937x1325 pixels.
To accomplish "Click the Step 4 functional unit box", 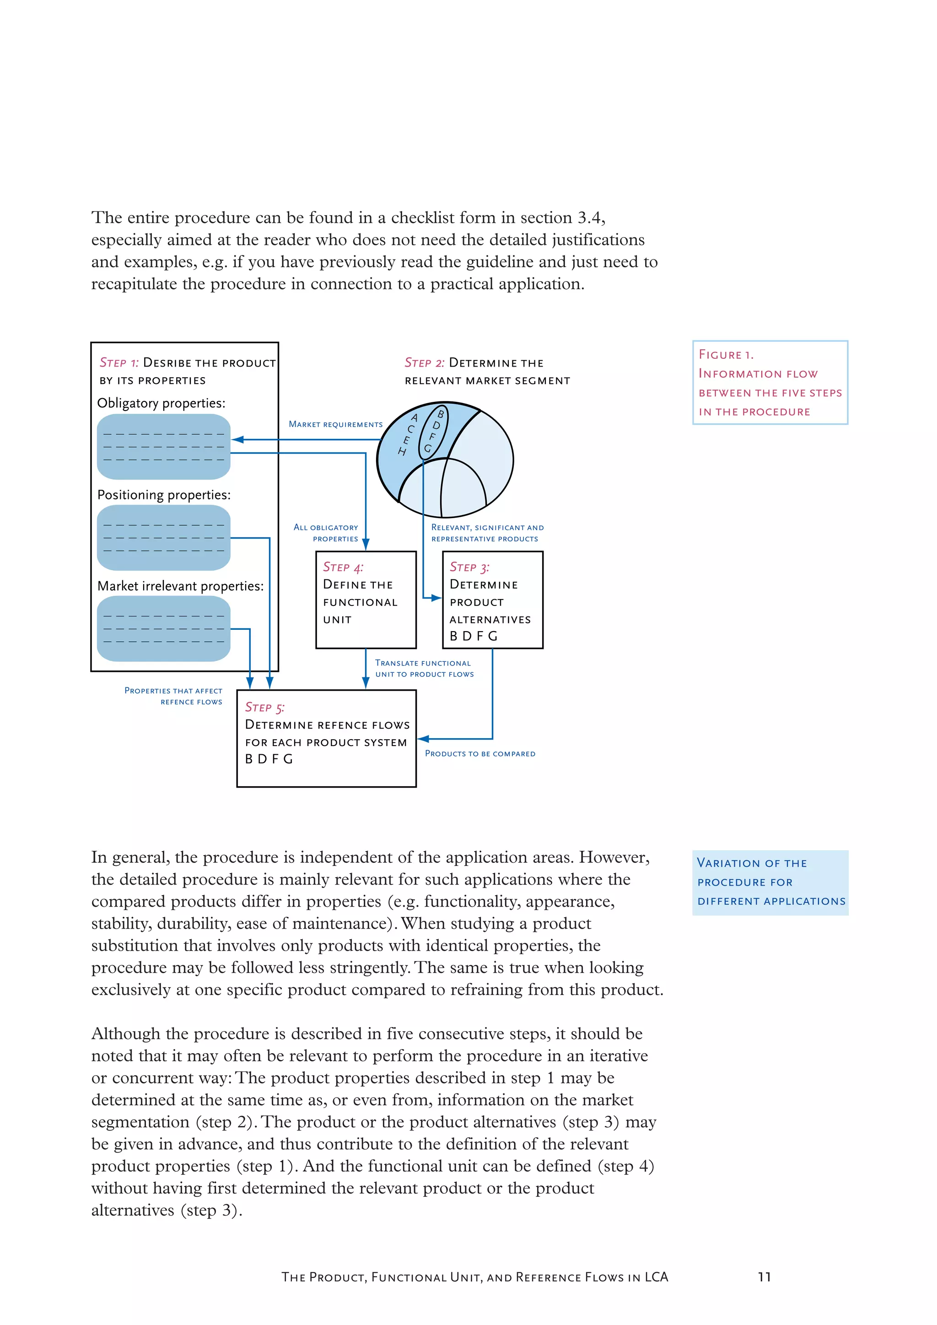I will pos(366,600).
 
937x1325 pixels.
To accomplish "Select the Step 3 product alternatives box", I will pos(492,600).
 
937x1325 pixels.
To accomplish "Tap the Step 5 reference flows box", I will pos(326,738).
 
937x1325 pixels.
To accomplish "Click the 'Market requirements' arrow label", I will pos(335,424).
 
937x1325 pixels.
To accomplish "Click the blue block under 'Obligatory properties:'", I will pos(163,447).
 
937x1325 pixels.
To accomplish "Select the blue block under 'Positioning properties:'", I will pos(163,538).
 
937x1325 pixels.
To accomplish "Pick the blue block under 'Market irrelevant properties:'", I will pos(163,628).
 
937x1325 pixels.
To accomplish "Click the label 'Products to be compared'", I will pos(480,754).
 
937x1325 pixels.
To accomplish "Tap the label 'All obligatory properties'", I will pos(327,533).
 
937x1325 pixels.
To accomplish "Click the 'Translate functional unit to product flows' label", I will pos(424,668).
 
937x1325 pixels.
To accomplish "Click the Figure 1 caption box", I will pos(770,383).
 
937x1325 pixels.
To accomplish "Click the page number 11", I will pos(764,1277).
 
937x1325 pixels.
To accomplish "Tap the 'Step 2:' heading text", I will pos(424,363).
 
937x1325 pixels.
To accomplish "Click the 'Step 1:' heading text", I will pos(119,363).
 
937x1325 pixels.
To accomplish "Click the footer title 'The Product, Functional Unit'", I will pos(474,1277).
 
